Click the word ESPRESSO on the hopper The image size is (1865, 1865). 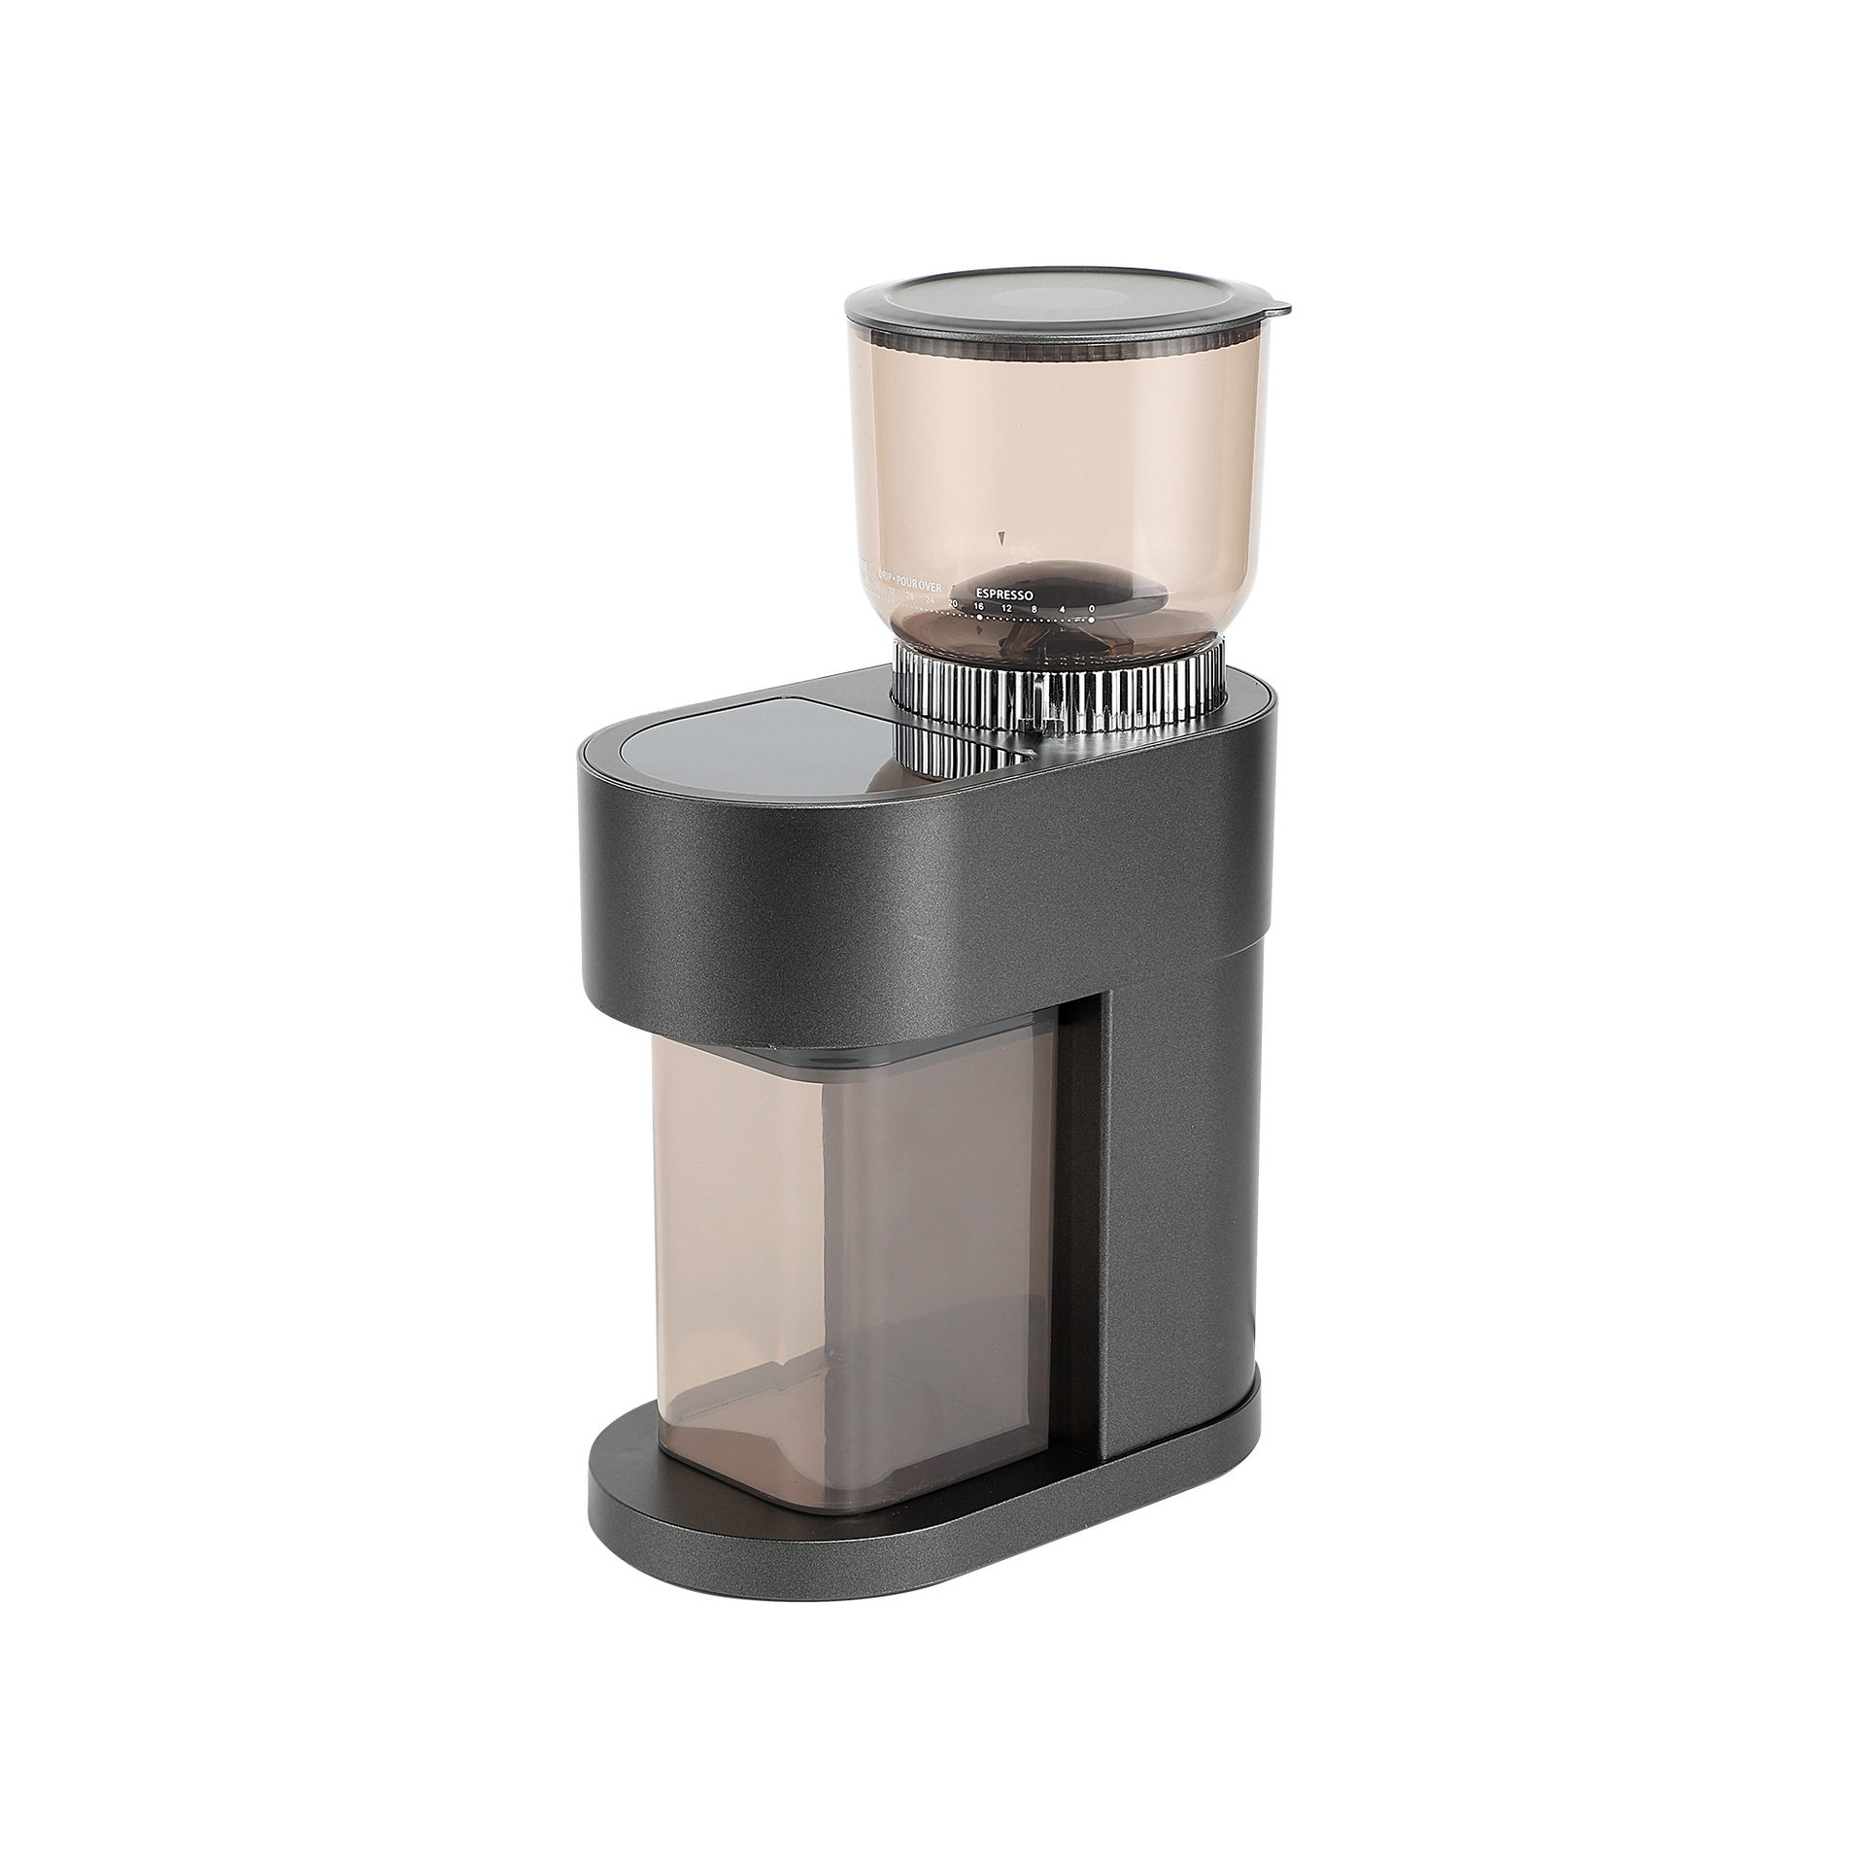[x=1004, y=591]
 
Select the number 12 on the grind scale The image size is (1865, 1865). [x=1006, y=608]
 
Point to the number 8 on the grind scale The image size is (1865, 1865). [x=1034, y=609]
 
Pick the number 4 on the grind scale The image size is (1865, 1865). [x=1063, y=609]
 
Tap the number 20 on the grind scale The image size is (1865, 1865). [x=953, y=604]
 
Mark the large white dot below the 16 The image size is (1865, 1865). [x=979, y=616]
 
